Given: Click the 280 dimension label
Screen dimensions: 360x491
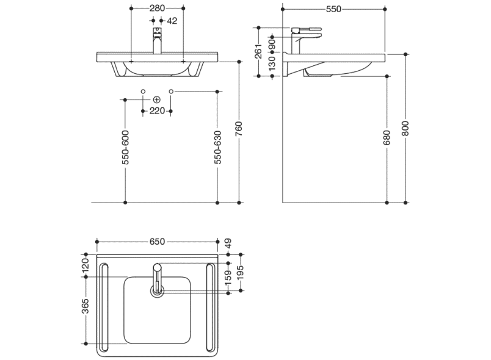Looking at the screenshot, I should (x=157, y=9).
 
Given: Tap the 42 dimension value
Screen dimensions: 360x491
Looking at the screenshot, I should (x=172, y=21).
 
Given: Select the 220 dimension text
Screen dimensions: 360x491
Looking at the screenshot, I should (x=157, y=110).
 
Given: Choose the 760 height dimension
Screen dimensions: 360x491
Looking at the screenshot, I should (x=239, y=129).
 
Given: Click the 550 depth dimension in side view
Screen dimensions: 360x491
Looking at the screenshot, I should (x=333, y=9).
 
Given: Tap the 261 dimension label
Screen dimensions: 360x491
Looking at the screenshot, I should (x=258, y=52).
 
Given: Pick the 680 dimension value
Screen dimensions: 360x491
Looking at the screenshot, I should (x=387, y=140).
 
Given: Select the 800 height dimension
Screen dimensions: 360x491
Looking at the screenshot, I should (x=405, y=128).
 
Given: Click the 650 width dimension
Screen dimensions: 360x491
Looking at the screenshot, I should (x=157, y=242).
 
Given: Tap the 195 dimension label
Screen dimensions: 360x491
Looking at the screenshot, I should (x=241, y=273).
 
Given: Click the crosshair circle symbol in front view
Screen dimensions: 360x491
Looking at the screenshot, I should (x=157, y=99).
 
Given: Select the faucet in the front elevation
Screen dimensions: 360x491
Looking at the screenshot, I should (x=157, y=41).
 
